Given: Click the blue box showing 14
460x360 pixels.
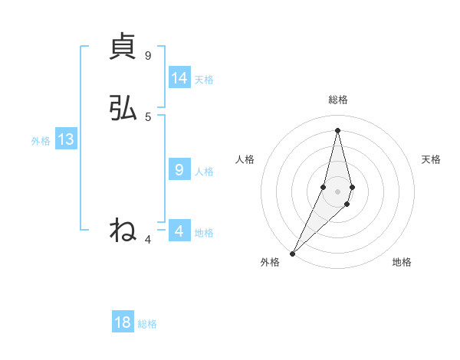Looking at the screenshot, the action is pos(179,78).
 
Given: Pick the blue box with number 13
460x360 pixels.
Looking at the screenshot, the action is pos(65,139).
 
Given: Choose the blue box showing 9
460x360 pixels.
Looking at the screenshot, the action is pos(179,170).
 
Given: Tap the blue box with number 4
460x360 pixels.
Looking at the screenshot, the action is pos(179,231).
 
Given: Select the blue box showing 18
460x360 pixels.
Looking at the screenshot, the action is pos(123,322).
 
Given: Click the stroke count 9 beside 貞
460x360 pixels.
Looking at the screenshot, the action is pos(148,56).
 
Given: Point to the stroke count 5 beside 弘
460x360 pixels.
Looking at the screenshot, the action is pos(148,116).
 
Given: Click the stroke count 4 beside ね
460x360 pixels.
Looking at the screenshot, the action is pos(148,240).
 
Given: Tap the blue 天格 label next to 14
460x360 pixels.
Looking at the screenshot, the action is pos(204,80).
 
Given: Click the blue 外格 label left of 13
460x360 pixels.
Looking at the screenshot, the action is pos(41,141).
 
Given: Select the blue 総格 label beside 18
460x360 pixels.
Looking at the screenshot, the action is pos(147,324).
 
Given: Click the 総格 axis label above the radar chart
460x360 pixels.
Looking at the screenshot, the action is pos(338,100).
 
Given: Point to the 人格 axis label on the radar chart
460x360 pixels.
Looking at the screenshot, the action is pos(245,159).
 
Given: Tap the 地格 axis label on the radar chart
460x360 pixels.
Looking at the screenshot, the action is pos(402,262).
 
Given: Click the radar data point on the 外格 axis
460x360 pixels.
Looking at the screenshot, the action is pos(292,253).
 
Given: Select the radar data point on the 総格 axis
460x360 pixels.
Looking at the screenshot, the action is pos(337,129).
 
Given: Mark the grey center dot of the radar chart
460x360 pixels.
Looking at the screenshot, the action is pos(337,191).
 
